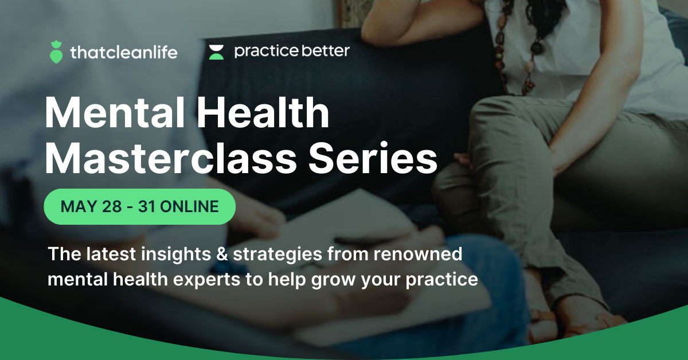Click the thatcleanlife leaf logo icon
point(56,52)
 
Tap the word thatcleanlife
point(123,53)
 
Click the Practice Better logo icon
point(216,52)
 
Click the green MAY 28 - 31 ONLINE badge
point(140,206)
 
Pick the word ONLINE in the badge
point(189,206)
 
